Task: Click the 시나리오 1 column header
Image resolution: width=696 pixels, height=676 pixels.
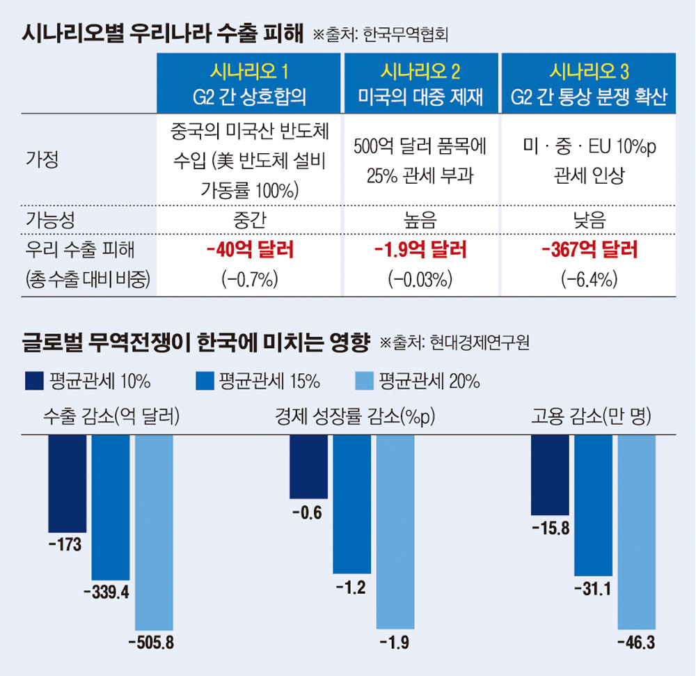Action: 248,83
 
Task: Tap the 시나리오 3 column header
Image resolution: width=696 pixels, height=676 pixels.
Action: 590,83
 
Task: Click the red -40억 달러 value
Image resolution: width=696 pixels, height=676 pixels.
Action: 248,251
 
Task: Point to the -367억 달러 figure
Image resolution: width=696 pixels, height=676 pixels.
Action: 590,251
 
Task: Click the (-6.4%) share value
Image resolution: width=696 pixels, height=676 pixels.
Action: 590,280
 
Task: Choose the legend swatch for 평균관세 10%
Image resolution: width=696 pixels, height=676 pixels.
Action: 33,381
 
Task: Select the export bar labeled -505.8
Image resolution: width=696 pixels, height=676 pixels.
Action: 154,533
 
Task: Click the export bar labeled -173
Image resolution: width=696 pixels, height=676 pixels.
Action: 67,480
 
